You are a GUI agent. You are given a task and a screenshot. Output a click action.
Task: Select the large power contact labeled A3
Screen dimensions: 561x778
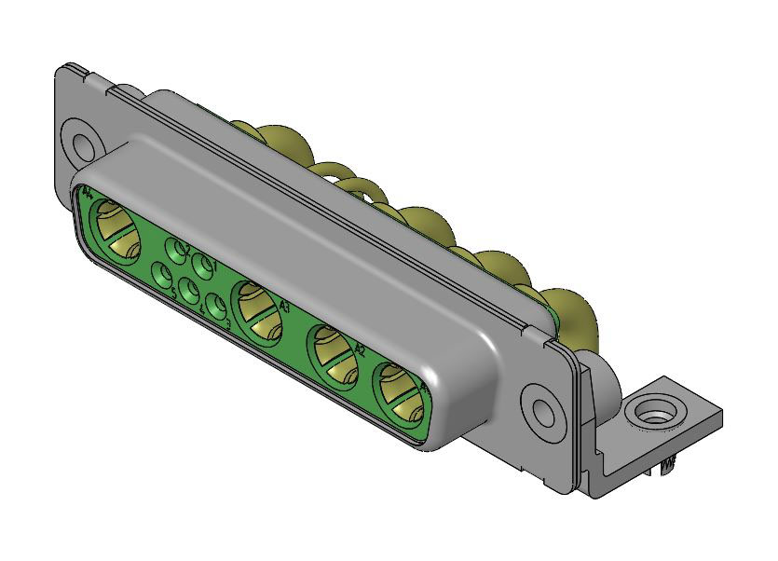pos(259,310)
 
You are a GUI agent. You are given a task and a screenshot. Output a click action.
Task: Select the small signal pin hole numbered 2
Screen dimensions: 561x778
pos(175,249)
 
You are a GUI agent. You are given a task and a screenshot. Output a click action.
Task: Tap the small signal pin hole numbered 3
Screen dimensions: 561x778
pos(216,307)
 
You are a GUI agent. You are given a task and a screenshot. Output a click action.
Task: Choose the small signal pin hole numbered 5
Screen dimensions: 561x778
pos(163,277)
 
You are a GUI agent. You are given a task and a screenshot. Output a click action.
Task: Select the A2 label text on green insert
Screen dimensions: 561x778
pos(360,349)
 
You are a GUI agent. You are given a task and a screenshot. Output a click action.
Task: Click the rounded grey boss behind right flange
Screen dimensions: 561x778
pos(605,382)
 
